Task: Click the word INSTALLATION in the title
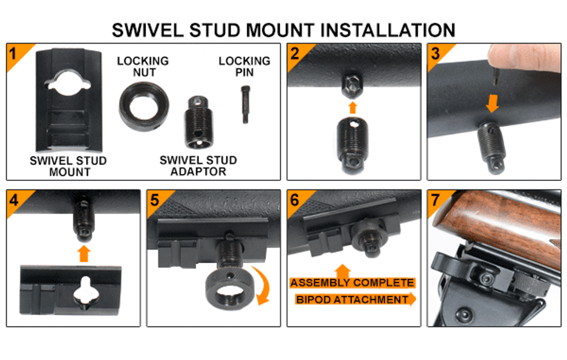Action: [387, 30]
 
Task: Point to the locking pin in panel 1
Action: [245, 104]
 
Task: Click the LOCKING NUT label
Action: [143, 66]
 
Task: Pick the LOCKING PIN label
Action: [244, 66]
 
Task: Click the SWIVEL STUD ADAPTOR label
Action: [198, 166]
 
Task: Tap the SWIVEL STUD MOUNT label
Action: [69, 166]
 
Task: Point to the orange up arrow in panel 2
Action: [353, 108]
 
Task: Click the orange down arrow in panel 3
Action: [492, 103]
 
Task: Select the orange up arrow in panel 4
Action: [84, 254]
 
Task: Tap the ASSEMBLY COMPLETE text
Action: [352, 283]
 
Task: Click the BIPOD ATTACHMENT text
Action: [352, 300]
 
